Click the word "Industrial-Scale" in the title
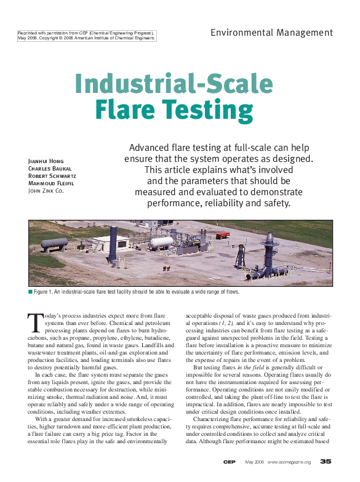(174, 84)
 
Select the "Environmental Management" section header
(271, 33)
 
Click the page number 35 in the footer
(326, 462)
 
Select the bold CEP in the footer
(228, 462)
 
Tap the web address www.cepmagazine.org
(289, 462)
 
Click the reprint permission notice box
(86, 35)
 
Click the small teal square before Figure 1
(30, 292)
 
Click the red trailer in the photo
(222, 235)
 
